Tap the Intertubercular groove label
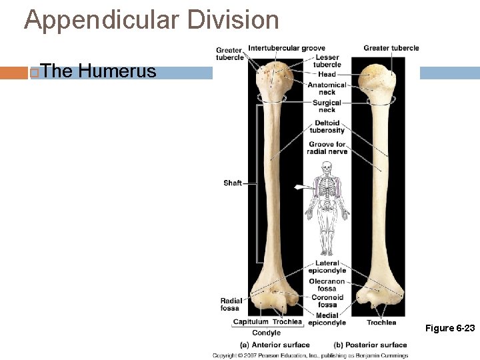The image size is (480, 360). point(287,48)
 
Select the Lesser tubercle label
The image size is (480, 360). point(327,61)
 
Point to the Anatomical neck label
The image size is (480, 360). point(327,88)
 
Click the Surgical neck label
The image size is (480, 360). point(327,106)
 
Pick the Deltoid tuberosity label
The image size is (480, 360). point(327,126)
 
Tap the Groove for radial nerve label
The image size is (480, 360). point(327,147)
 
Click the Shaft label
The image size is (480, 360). point(232,183)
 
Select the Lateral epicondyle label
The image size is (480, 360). point(327,267)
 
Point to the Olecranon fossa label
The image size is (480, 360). point(327,285)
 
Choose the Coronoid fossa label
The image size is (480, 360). point(327,301)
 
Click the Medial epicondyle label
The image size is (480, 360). point(327,319)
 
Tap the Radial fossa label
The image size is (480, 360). point(231,304)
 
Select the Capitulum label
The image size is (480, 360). point(251,322)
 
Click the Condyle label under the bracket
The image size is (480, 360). point(266,333)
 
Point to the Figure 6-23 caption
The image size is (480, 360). point(451,328)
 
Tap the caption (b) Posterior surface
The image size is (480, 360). point(370,345)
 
